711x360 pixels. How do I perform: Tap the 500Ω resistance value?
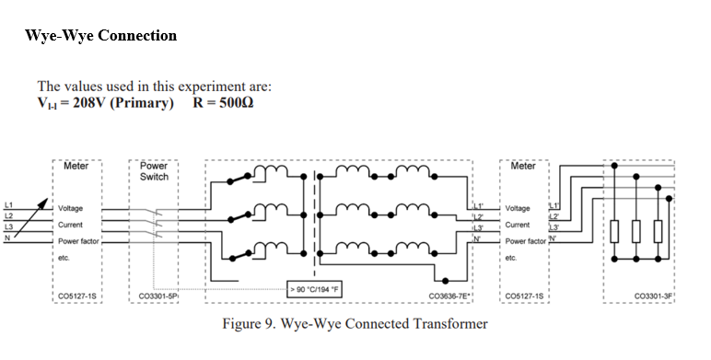point(234,102)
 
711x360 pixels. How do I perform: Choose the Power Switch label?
point(154,171)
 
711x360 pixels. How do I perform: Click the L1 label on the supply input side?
point(9,203)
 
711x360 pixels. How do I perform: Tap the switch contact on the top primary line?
point(239,178)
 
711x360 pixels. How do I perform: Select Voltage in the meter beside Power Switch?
point(71,209)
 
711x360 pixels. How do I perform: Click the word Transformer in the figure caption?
point(450,324)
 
